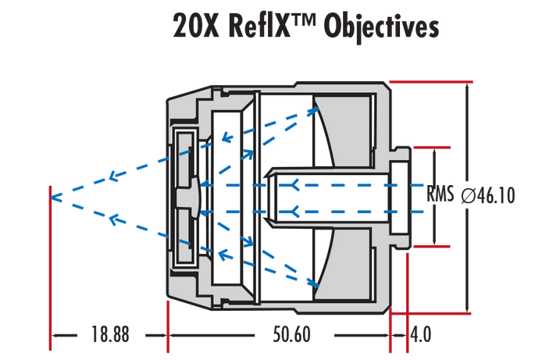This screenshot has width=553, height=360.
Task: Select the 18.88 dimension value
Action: pos(109,335)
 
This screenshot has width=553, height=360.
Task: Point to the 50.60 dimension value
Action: pos(291,335)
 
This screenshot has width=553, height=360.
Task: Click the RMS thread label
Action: pos(441,195)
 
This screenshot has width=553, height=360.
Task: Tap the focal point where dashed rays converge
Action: pos(52,197)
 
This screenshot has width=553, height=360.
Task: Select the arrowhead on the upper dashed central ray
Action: pos(294,185)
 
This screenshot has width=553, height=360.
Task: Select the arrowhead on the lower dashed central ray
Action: pos(294,212)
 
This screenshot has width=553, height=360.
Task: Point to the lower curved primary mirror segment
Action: pos(329,262)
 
